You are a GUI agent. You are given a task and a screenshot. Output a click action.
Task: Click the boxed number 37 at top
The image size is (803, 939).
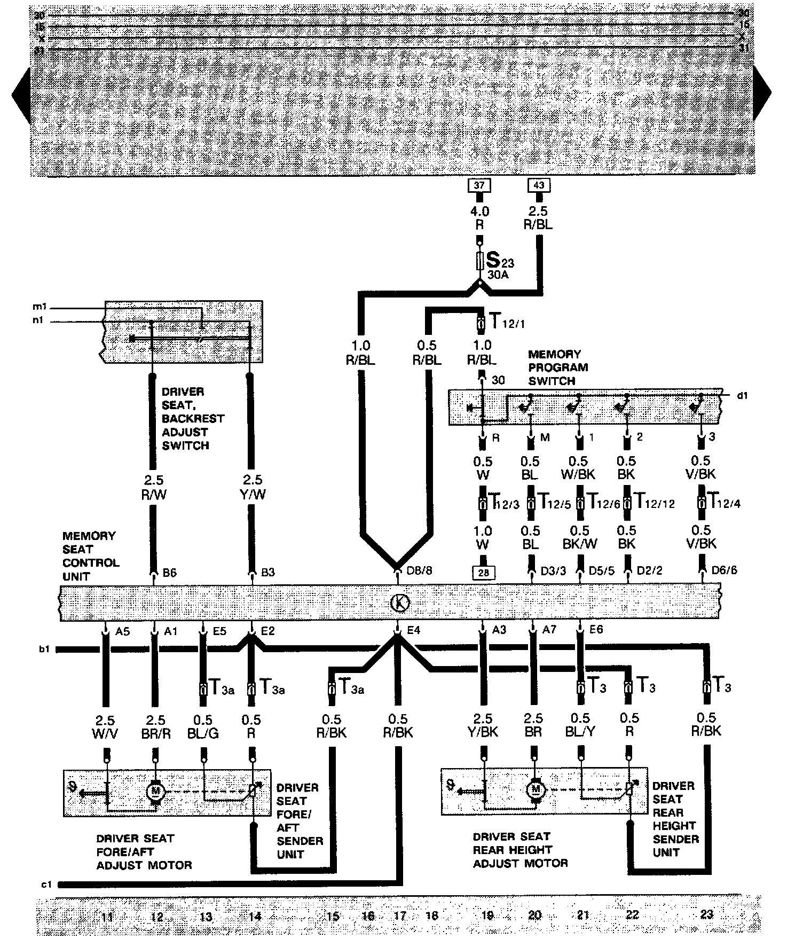(479, 185)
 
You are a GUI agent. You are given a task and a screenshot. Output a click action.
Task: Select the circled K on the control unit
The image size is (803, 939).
(400, 603)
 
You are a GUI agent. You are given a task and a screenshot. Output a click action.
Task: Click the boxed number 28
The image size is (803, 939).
(483, 573)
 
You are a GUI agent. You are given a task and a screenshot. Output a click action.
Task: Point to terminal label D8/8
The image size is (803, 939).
(419, 570)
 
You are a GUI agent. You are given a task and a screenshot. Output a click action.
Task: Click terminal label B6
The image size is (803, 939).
(170, 573)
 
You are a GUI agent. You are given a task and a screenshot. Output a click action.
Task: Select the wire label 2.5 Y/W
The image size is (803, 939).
(253, 487)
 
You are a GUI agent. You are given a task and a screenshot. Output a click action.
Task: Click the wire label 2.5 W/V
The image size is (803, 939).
(105, 727)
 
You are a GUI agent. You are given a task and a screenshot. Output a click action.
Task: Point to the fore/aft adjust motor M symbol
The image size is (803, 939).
(156, 790)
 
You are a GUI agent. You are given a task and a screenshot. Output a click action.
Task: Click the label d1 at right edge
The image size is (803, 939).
(742, 396)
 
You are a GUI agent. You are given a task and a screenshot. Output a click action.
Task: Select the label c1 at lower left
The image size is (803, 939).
(46, 884)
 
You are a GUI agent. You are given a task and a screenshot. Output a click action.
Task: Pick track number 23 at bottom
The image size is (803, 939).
(706, 915)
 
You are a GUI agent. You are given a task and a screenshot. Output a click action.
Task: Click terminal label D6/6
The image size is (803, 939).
(724, 570)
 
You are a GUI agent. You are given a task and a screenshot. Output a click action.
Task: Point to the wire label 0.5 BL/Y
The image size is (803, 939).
(580, 725)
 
